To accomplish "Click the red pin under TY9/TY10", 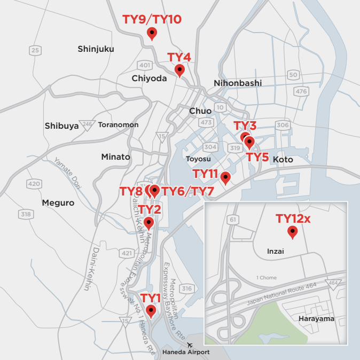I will (x=152, y=34).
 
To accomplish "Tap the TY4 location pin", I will (x=179, y=70).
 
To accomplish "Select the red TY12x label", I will (x=293, y=218).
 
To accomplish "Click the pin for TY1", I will (x=151, y=311).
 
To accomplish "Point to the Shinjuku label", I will (x=96, y=49).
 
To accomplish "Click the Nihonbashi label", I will (x=238, y=83).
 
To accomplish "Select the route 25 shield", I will (x=35, y=51).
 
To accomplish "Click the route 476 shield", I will (x=301, y=91).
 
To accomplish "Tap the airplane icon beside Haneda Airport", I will (x=190, y=345).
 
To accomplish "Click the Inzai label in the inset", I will (x=275, y=251).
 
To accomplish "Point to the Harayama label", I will (x=316, y=319).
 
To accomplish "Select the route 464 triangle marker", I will (x=334, y=284).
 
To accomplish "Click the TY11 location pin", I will (x=225, y=178).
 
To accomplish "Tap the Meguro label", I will (x=58, y=203).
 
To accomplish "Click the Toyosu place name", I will (x=198, y=159).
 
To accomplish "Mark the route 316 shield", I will (x=186, y=289).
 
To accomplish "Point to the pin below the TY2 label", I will (x=148, y=223).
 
